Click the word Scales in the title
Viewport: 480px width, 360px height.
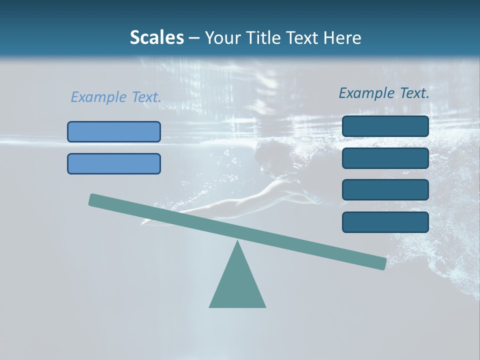[x=156, y=38]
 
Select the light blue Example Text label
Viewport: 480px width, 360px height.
[x=116, y=97]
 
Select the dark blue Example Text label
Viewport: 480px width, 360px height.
[x=384, y=93]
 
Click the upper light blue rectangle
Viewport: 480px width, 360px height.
[x=114, y=131]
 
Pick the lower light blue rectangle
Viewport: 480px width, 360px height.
[x=114, y=163]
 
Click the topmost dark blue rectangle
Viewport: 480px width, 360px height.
[x=385, y=126]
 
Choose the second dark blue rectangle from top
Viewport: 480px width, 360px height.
[x=385, y=158]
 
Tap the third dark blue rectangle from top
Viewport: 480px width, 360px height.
[x=385, y=190]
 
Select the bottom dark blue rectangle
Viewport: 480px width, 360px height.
[x=385, y=222]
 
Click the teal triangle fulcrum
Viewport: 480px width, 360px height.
[x=237, y=285]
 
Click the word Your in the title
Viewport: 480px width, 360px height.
[x=222, y=38]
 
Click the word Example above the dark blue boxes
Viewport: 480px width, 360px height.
[x=367, y=93]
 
